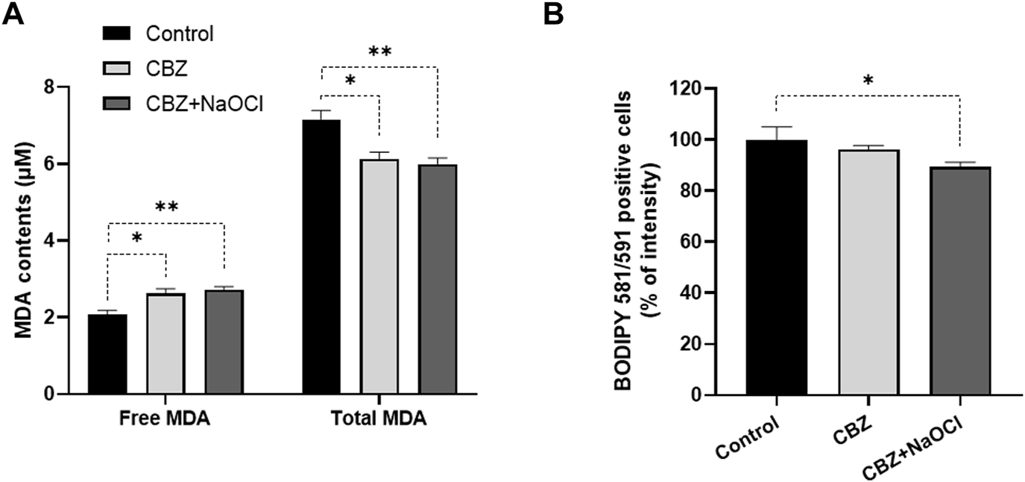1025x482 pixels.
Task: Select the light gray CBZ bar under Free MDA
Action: coord(165,344)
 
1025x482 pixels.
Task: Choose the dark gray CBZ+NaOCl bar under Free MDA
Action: coord(224,342)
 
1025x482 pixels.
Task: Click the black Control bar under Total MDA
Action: coord(321,257)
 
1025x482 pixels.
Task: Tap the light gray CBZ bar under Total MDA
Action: coord(379,277)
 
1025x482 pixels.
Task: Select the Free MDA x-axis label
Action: coord(165,419)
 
